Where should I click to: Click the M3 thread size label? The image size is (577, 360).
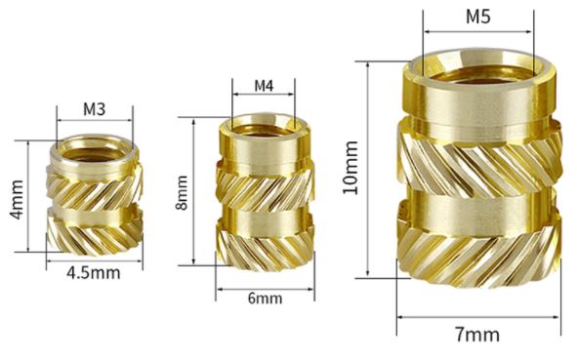click(x=94, y=109)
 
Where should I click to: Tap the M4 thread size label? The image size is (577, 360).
click(x=265, y=86)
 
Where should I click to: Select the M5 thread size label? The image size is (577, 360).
click(x=478, y=17)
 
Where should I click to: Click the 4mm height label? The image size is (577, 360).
click(x=17, y=199)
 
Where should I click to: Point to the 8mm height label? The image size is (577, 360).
click(x=182, y=193)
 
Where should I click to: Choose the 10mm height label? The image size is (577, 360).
click(x=350, y=167)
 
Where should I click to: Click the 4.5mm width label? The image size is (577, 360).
click(x=94, y=273)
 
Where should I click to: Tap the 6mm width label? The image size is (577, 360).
click(x=265, y=298)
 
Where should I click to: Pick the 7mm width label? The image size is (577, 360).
click(x=477, y=335)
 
